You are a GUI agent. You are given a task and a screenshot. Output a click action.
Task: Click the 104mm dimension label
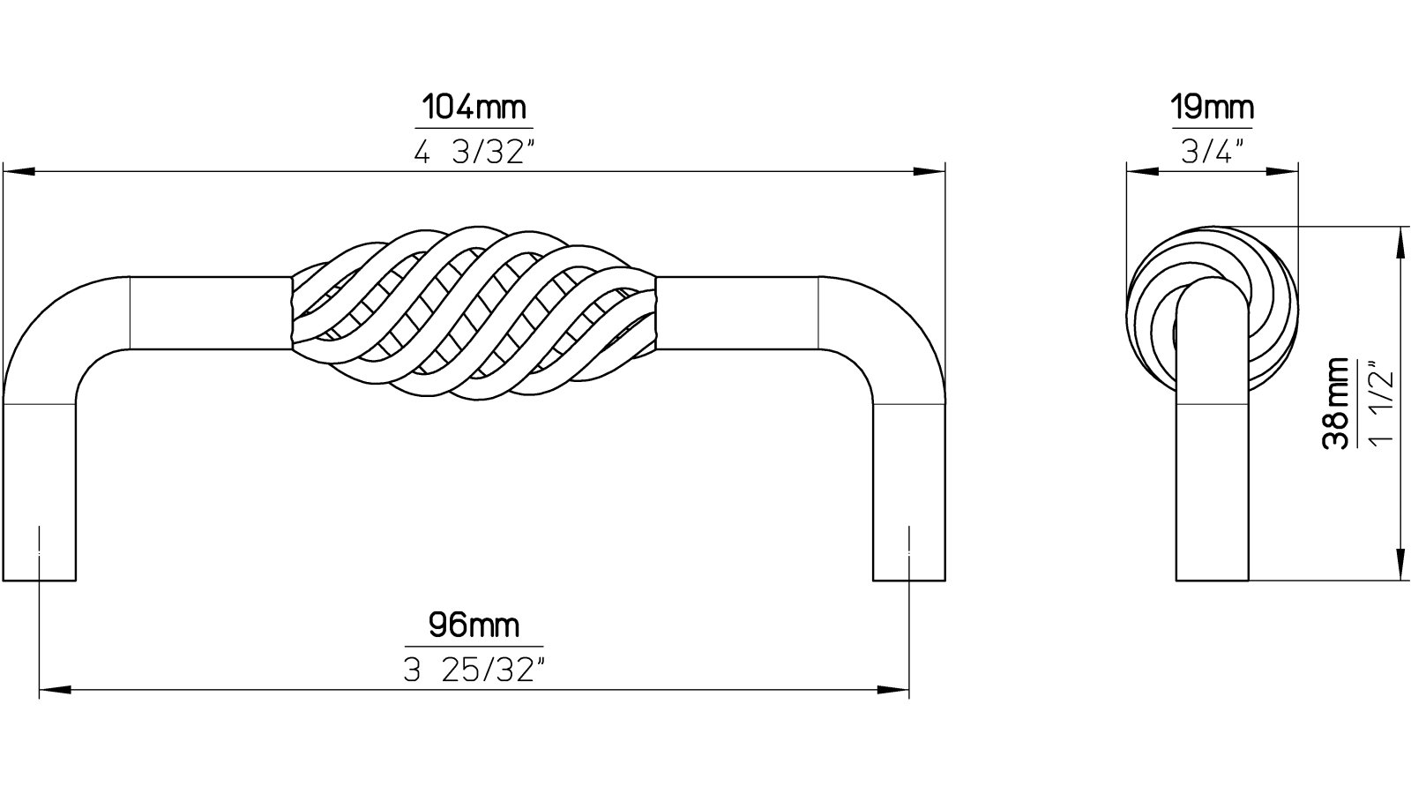pos(474,109)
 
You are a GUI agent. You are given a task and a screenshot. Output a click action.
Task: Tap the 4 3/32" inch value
pos(474,153)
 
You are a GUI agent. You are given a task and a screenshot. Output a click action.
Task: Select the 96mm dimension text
pos(474,626)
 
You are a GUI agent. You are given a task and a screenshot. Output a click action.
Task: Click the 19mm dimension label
pos(1212,109)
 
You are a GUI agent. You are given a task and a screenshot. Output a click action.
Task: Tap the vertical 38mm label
pos(1338,403)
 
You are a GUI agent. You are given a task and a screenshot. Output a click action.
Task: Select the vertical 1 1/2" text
pos(1382,403)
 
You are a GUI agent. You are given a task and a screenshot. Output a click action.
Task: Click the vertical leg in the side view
pos(1212,476)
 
